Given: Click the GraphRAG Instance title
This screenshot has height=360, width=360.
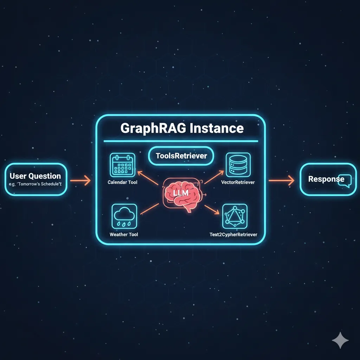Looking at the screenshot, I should tap(182, 128).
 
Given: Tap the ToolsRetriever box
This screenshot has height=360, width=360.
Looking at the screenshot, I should tap(181, 156).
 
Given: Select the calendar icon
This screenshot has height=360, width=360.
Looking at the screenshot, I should tap(122, 165).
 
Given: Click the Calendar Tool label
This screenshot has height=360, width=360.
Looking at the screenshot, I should tap(122, 182).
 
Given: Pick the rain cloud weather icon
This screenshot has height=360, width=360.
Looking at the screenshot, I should tap(124, 216).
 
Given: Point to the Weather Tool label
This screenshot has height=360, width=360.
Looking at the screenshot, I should tap(124, 234).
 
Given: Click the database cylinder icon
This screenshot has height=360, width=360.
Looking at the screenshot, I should tap(238, 165).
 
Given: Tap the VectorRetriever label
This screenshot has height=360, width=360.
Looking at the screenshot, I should tap(238, 182).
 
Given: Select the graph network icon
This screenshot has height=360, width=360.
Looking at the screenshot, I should tap(235, 216).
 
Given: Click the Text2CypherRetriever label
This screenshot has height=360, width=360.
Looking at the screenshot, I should tap(233, 234).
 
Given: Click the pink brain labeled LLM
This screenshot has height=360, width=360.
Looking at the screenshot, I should tap(181, 194).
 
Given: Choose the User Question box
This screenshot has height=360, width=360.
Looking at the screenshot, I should tap(36, 179).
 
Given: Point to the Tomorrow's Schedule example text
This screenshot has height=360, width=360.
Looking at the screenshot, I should tap(36, 184).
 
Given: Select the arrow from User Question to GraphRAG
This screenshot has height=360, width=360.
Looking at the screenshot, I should tap(80, 181).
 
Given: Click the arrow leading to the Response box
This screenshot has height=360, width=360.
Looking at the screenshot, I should tap(281, 181).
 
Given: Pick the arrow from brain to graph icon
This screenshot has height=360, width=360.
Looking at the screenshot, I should tap(212, 210).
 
